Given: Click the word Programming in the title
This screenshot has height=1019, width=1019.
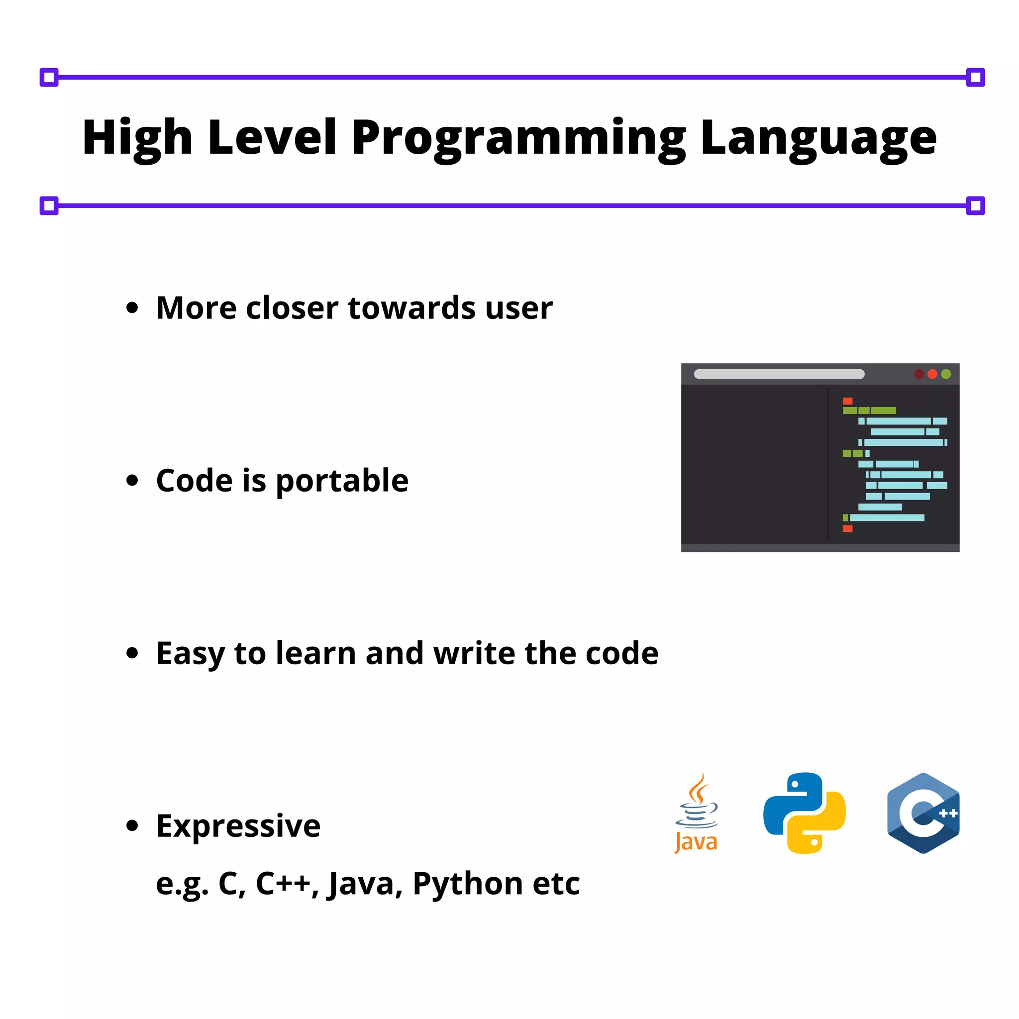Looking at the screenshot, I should [518, 138].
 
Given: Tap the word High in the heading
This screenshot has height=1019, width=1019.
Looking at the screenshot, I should [137, 138].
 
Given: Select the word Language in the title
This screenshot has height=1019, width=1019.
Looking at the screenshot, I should [818, 138].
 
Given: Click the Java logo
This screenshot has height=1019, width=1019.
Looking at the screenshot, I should [697, 814].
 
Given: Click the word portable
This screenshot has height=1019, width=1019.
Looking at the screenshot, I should [342, 481].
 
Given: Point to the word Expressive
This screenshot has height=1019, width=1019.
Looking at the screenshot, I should [238, 826].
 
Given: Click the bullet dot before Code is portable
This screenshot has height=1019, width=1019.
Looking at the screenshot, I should [132, 481].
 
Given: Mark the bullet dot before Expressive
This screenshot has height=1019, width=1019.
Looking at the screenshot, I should [132, 825].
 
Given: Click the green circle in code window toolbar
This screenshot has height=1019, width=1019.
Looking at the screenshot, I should [946, 374].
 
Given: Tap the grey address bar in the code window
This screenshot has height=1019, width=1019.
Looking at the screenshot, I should [779, 374].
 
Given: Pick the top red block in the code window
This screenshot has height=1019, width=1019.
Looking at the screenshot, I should [847, 401].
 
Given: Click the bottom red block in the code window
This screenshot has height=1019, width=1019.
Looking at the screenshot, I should [847, 528].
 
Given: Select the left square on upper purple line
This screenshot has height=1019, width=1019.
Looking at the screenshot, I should [49, 78].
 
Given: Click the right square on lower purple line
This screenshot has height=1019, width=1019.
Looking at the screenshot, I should [975, 205].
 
